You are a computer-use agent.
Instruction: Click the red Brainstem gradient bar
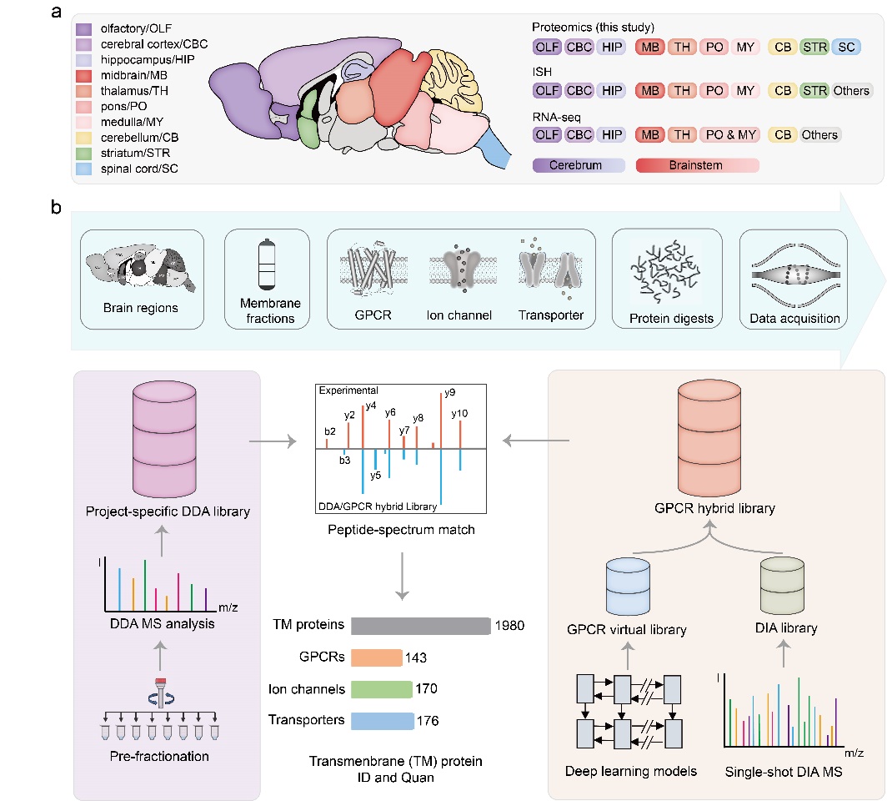tap(697, 165)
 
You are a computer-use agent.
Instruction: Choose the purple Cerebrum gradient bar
tap(578, 165)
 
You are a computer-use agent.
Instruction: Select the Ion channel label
tap(459, 315)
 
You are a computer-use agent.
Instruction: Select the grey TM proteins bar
tap(420, 626)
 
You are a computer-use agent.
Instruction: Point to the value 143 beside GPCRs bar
tap(418, 657)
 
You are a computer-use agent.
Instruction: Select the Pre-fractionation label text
tap(158, 758)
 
